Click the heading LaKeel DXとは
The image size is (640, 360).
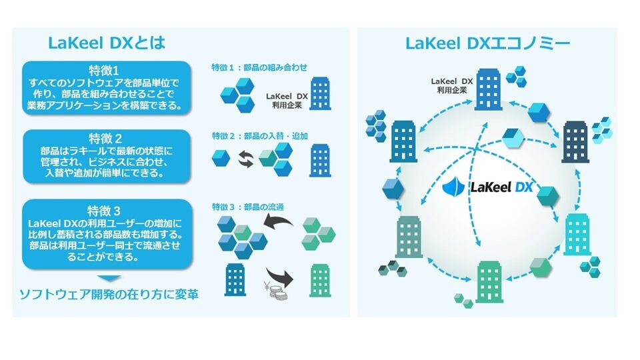(107, 43)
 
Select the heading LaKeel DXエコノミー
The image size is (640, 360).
(487, 44)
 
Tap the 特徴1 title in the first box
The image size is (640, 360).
(107, 70)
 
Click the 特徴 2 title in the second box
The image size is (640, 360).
(107, 139)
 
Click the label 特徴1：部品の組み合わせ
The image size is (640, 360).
(259, 67)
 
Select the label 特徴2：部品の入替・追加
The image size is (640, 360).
(259, 136)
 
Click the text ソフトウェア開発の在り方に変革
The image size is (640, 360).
(107, 294)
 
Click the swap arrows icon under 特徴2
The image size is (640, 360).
(245, 160)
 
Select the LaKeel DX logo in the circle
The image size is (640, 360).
(487, 188)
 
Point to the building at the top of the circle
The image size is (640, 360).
(489, 89)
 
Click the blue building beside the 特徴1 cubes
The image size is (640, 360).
(320, 93)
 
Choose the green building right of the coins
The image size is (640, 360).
(320, 280)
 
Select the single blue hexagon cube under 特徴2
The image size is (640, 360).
(221, 159)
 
